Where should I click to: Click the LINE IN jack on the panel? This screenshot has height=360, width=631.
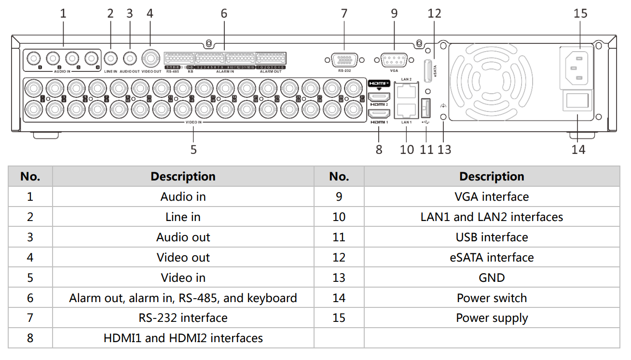[110, 58]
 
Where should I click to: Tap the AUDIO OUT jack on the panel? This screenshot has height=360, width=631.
[129, 58]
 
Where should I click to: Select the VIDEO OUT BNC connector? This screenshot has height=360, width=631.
[151, 59]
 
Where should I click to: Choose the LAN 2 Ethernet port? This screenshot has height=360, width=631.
[406, 91]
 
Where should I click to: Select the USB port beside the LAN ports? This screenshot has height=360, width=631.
[425, 108]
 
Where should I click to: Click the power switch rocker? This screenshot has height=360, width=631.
[577, 101]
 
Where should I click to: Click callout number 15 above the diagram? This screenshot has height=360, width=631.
[580, 13]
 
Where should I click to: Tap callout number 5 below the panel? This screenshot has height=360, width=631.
[193, 150]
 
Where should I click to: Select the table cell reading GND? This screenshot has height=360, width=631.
[492, 277]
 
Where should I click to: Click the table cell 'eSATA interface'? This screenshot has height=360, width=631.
[492, 257]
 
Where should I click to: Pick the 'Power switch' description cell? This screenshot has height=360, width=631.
[492, 298]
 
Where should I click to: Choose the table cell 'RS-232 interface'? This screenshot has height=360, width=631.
[183, 318]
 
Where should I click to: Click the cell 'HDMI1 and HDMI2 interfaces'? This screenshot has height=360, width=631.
[183, 338]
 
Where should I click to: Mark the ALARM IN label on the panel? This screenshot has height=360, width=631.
[225, 71]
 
